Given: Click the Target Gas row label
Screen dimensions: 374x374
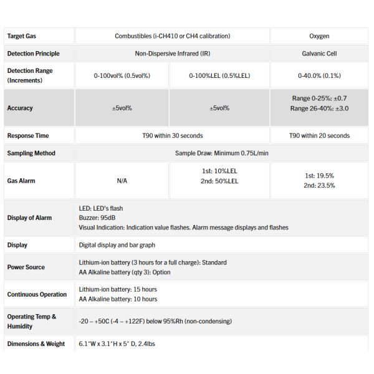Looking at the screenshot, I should pos(22,36).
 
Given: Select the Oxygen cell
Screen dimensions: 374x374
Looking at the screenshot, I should pos(319,36).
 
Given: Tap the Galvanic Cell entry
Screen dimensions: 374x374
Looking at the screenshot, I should pos(319,54).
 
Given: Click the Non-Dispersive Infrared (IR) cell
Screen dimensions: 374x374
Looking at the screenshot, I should pos(172,54).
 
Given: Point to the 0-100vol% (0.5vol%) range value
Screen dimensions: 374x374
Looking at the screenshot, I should pos(122,75).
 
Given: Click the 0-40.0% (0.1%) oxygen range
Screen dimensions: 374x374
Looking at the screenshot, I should pos(319,75).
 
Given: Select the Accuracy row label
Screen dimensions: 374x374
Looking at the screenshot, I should pos(20,108).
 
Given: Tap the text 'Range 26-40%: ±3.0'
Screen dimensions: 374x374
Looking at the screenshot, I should pos(319,108).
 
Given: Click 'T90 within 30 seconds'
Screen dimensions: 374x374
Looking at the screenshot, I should pos(172,135).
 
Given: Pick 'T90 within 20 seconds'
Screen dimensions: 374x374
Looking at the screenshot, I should pos(319,135).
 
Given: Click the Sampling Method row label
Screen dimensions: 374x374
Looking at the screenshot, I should pos(31,153).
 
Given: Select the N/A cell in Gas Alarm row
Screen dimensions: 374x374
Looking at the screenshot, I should pos(122,181).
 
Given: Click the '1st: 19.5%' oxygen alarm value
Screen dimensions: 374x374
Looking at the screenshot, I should pos(319,176).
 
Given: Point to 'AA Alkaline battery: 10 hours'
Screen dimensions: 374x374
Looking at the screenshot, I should pos(118,299).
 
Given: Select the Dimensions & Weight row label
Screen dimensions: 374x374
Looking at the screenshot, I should pos(36,343).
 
